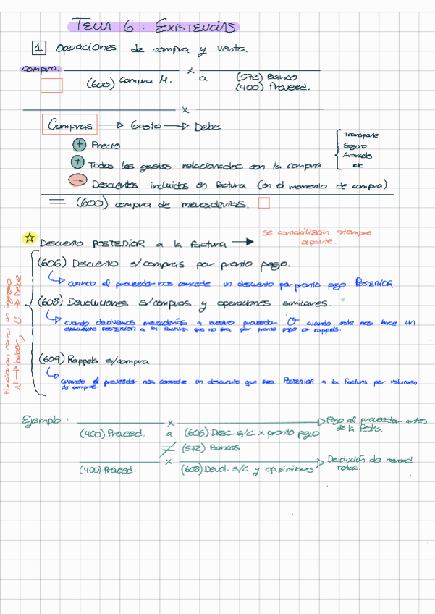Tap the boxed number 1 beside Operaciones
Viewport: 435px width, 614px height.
point(40,49)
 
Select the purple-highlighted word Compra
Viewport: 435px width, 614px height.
point(41,70)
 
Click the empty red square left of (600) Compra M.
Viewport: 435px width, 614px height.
point(51,85)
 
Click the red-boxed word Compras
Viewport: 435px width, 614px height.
point(69,125)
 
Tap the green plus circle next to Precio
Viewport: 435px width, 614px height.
point(80,145)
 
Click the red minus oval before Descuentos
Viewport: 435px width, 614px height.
point(78,182)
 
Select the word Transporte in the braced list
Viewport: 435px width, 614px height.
point(363,135)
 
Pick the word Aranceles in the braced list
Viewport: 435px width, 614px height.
point(358,155)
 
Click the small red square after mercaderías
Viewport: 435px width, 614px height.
point(263,203)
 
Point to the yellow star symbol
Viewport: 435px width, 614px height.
point(30,237)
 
